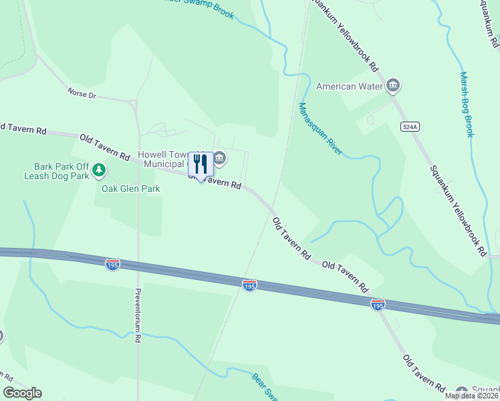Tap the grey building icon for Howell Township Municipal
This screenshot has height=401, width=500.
click(220, 158)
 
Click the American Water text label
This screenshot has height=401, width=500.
click(349, 86)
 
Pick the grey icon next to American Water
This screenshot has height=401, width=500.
click(394, 85)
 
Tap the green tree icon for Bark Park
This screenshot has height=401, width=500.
click(100, 170)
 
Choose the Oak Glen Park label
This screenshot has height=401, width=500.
click(130, 189)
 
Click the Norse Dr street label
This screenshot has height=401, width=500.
click(82, 93)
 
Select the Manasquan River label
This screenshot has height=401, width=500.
click(320, 128)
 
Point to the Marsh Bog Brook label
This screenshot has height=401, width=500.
click(467, 104)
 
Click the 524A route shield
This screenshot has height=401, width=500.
click(409, 126)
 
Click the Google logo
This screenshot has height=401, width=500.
click(22, 393)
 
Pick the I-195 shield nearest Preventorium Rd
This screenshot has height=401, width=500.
click(112, 265)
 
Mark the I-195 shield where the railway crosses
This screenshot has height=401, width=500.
click(249, 285)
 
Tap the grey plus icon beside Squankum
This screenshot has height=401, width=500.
click(461, 391)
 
